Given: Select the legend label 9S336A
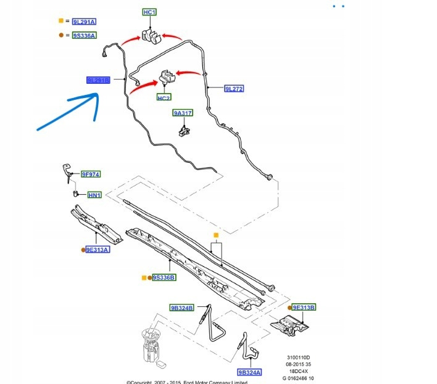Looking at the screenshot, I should pos(83,36).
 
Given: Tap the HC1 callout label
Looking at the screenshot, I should pos(149,12).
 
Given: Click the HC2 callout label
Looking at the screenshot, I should pos(164,98).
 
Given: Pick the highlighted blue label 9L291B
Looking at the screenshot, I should pos(98,80).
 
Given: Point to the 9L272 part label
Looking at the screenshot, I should pos(234,89).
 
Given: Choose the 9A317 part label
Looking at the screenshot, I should pos(183,113).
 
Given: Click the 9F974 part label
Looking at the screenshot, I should pos(91,175).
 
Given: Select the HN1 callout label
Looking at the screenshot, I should pos(94,195).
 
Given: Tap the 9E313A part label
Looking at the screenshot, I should pos(98,250).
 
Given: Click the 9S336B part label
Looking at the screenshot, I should pos(164,278).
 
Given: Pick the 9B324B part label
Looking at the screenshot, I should pos(182,308).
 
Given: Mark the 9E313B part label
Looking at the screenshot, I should pos(304,307).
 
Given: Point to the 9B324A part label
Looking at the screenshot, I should pos(249,372).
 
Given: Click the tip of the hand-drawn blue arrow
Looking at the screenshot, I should pos(97,94).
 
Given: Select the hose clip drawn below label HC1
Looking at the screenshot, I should pos(150,37).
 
